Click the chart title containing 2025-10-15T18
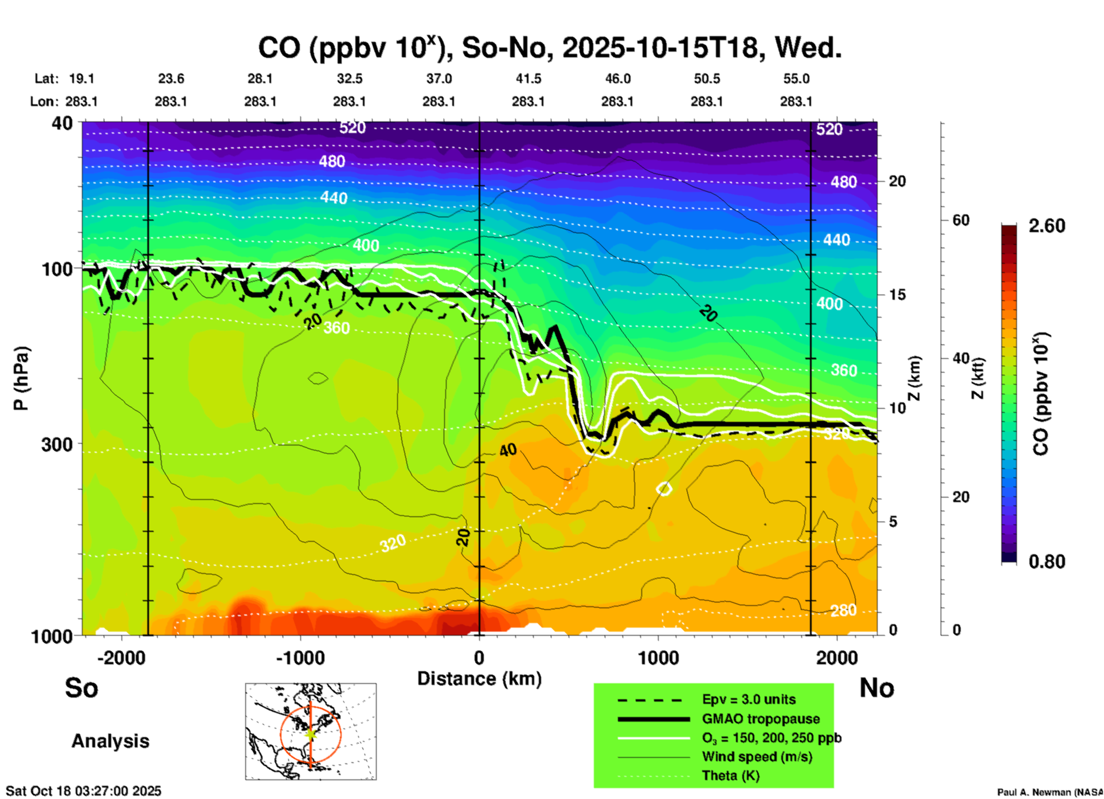tap(549, 48)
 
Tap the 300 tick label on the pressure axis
tap(57, 444)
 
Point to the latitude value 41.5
tap(528, 79)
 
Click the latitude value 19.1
tap(81, 79)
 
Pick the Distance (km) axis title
tap(479, 679)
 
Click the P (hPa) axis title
tap(21, 378)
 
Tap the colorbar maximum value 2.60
tap(1047, 226)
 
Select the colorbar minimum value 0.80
tap(1047, 562)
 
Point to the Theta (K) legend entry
tap(730, 775)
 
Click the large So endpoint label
tap(81, 688)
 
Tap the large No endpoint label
tap(876, 688)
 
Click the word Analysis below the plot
tap(110, 741)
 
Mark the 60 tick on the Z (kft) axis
tap(961, 221)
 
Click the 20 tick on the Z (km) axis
tap(897, 182)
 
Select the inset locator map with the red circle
tap(311, 731)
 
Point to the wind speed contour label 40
tap(508, 451)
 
